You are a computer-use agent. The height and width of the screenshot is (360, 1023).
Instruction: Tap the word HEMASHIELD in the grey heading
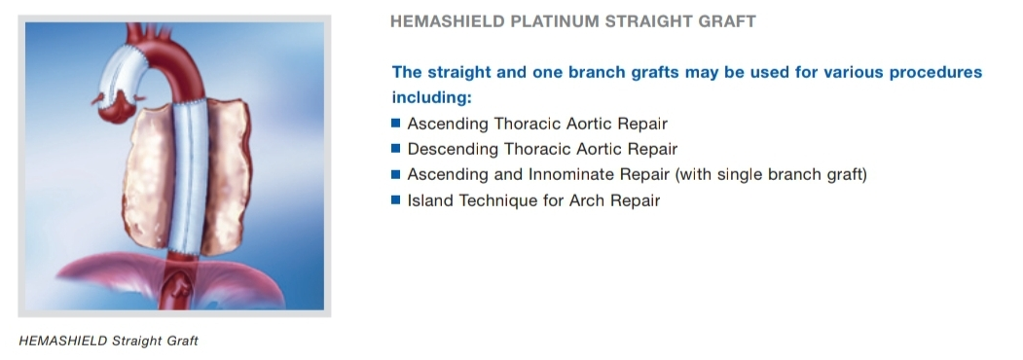[x=448, y=21]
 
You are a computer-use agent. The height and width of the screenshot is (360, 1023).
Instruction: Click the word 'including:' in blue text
[x=431, y=98]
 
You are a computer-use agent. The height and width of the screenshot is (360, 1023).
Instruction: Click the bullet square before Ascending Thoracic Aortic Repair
[x=395, y=123]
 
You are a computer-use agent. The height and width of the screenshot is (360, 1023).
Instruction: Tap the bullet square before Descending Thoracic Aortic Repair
[x=395, y=148]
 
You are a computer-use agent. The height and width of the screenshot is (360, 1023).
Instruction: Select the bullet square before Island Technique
[x=395, y=199]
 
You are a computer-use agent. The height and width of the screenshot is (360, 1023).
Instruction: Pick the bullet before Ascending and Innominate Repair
[x=395, y=174]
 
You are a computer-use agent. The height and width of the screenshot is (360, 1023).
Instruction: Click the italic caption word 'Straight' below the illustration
[x=136, y=342]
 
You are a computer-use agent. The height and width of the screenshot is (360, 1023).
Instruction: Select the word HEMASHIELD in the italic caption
[x=63, y=341]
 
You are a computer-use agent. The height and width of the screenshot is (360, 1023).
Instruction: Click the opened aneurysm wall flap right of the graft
[x=225, y=176]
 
